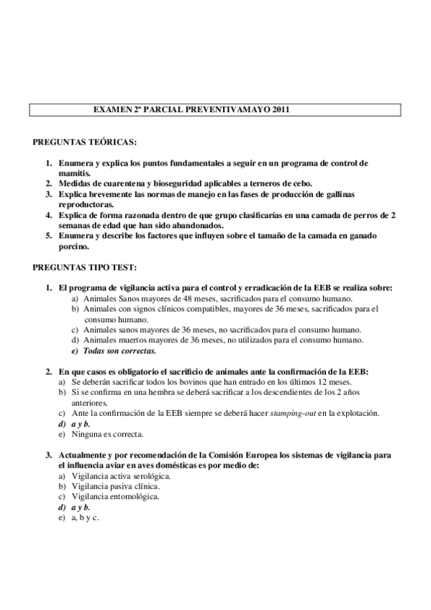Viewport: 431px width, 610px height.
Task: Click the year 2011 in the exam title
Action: (x=281, y=111)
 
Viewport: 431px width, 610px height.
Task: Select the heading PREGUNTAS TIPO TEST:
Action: (x=85, y=267)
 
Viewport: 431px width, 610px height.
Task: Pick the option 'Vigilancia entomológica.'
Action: (x=109, y=496)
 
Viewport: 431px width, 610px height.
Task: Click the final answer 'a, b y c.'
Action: (x=85, y=517)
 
